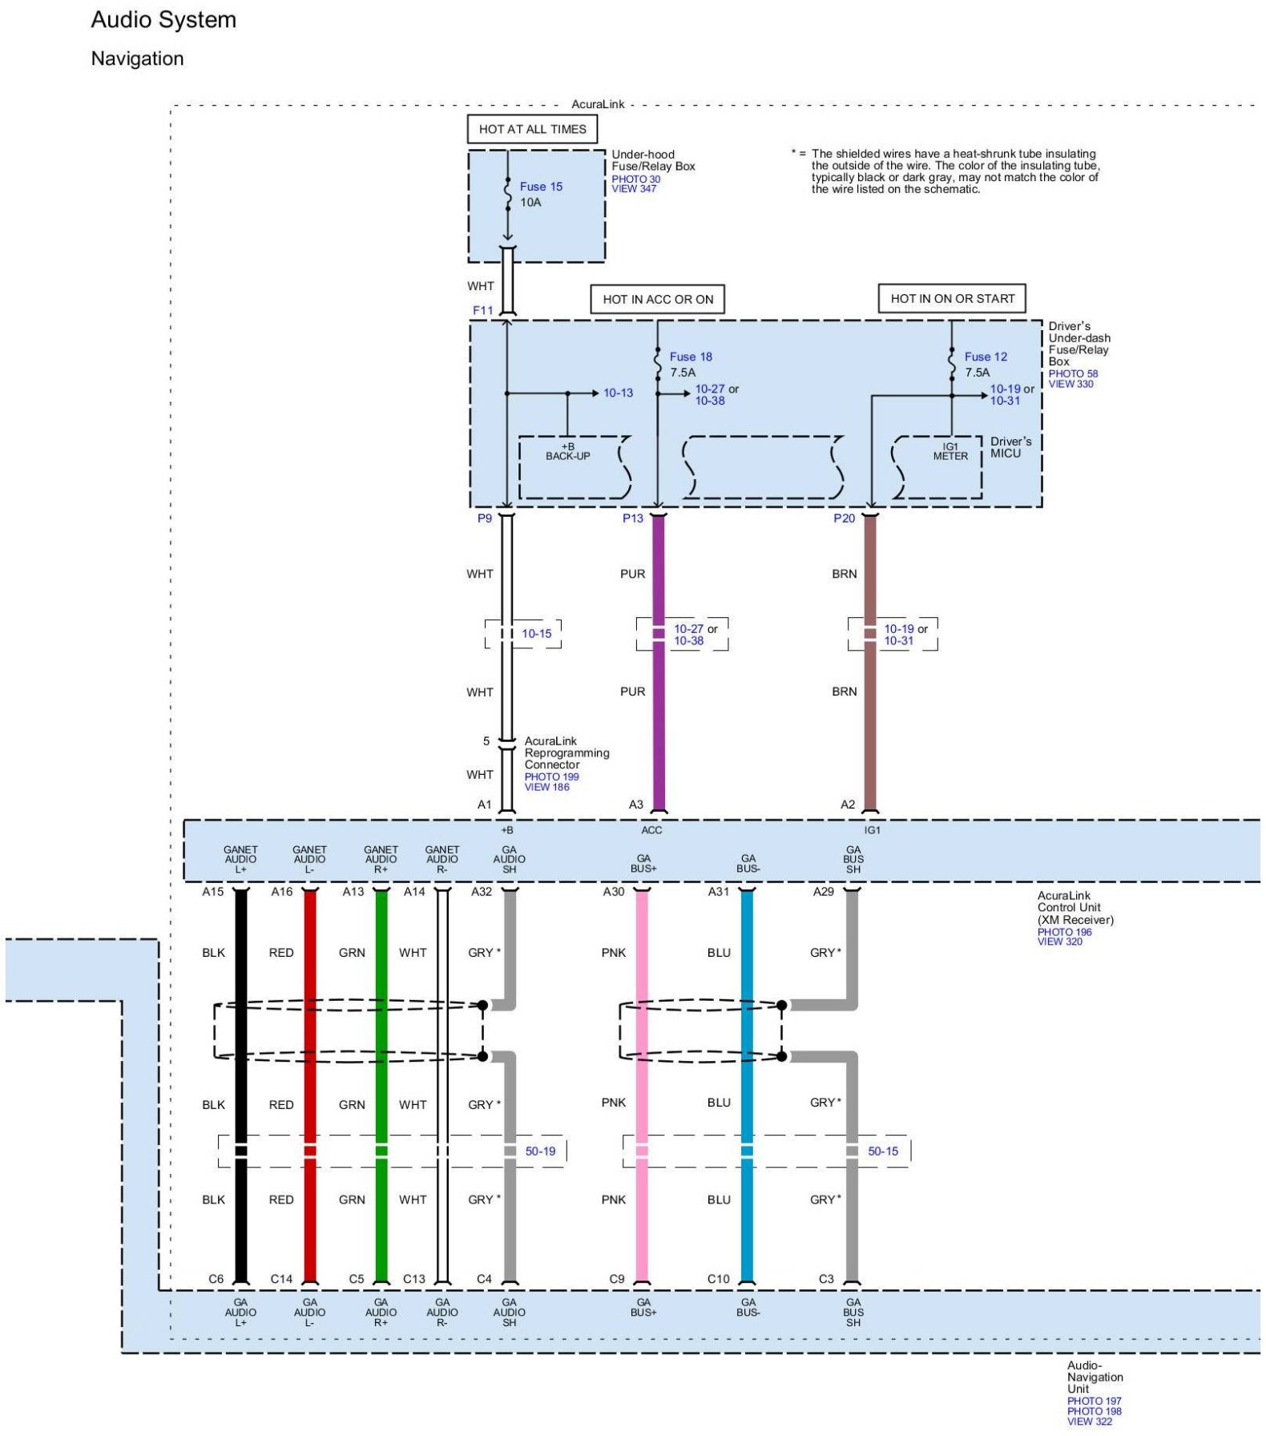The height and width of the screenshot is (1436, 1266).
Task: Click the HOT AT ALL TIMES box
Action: [x=532, y=129]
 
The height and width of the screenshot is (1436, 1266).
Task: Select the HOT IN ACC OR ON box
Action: [x=658, y=299]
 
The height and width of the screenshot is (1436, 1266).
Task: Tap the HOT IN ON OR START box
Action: [x=952, y=298]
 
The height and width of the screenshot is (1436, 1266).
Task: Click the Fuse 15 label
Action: [x=541, y=187]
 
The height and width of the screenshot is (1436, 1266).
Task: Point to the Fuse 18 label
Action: [x=691, y=357]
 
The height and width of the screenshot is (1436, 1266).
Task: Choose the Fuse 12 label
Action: [x=986, y=357]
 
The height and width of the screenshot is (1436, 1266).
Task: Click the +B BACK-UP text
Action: [x=567, y=451]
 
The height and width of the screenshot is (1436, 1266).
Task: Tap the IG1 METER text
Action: [x=950, y=451]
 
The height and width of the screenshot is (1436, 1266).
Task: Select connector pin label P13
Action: [x=633, y=518]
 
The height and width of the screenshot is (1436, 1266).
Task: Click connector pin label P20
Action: [x=844, y=518]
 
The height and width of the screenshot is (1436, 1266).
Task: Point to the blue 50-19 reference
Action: [x=540, y=1151]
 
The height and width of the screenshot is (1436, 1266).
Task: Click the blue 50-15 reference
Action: [x=883, y=1151]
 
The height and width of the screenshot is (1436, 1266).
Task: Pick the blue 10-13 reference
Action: [x=618, y=393]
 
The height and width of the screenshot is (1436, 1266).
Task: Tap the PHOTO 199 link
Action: [x=551, y=776]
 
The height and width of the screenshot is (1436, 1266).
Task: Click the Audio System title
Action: [x=163, y=20]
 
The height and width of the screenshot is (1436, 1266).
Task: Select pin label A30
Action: [x=613, y=891]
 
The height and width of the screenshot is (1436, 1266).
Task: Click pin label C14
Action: [x=281, y=1279]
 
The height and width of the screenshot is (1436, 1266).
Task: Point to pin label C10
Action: [x=718, y=1279]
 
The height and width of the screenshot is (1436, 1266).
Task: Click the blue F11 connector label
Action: [x=482, y=310]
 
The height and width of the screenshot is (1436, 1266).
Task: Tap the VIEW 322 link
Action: [x=1089, y=1422]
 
